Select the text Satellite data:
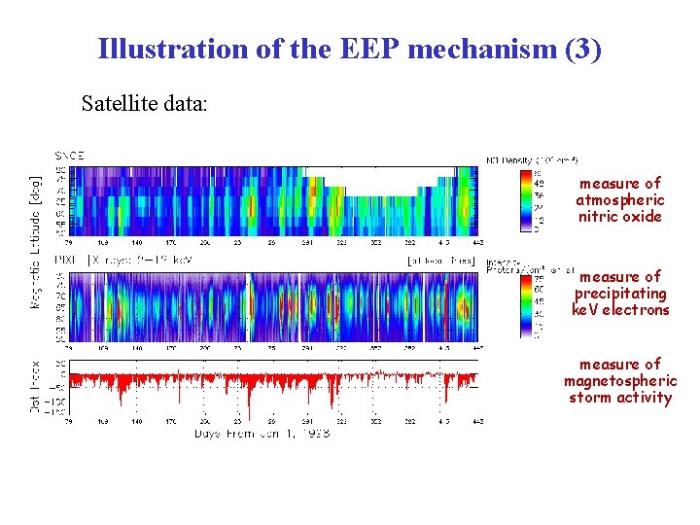click(x=144, y=102)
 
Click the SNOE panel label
click(x=68, y=155)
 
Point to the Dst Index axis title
click(x=37, y=383)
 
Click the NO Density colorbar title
click(x=532, y=159)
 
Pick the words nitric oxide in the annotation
click(x=619, y=217)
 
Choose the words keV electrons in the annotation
click(x=620, y=310)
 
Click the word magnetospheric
click(x=620, y=381)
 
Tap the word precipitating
click(x=620, y=294)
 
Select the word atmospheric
click(x=619, y=200)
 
